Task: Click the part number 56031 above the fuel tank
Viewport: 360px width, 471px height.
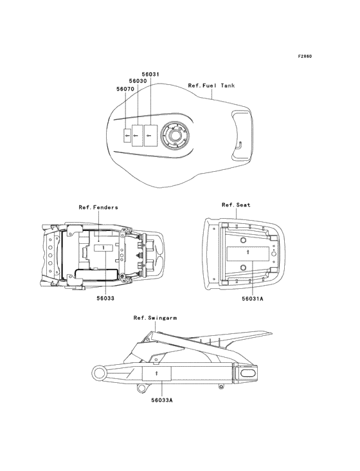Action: click(150, 74)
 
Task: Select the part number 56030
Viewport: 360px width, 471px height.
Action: click(138, 81)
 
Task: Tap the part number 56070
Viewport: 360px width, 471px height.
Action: click(125, 89)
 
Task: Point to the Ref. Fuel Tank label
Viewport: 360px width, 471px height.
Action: click(212, 86)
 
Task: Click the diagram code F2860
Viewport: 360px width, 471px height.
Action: click(305, 56)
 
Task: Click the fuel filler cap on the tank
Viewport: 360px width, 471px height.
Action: click(175, 135)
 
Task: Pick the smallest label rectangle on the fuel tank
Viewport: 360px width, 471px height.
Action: click(127, 135)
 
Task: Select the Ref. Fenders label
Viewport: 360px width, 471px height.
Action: click(98, 207)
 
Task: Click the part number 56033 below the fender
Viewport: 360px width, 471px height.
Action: click(105, 299)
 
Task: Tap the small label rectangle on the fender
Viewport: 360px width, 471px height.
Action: click(104, 248)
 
